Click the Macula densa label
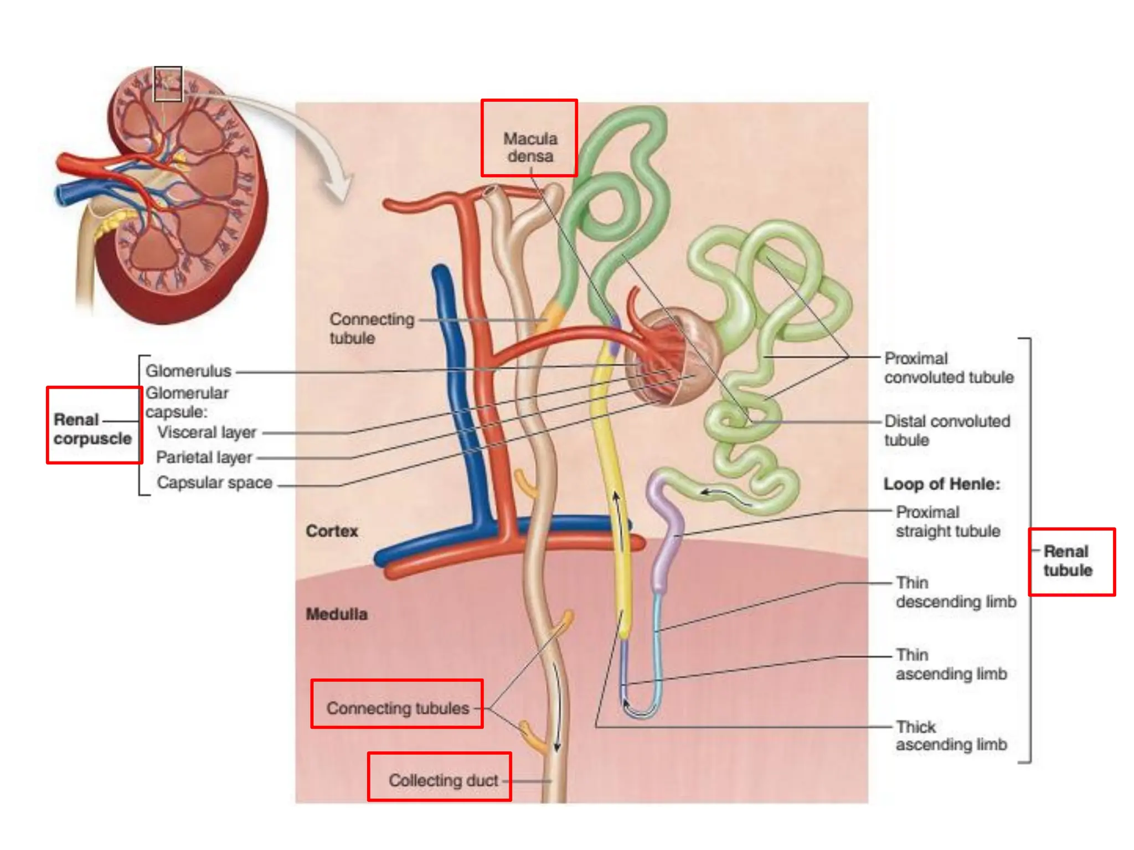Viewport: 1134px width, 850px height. pos(530,147)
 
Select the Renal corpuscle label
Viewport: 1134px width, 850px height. pos(92,429)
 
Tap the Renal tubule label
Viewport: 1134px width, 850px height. pos(1068,561)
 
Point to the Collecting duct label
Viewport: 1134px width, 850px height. pos(443,780)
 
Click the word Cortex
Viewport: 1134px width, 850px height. pos(332,531)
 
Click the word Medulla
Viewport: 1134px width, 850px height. pos(337,614)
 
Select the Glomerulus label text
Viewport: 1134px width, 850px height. pos(188,371)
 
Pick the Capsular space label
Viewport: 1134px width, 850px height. pos(214,483)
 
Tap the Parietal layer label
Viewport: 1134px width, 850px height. pos(204,458)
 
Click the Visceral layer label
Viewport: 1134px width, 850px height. pos(207,432)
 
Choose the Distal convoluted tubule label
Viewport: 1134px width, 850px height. pos(947,431)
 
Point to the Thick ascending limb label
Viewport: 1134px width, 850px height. pos(951,735)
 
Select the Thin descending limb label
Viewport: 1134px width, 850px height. pos(956,592)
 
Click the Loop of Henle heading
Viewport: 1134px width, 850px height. pos(941,484)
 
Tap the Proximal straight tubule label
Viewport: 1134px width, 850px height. pos(947,521)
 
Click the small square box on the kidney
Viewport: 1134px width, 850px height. pos(168,84)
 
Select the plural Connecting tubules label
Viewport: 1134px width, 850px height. pos(398,708)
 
